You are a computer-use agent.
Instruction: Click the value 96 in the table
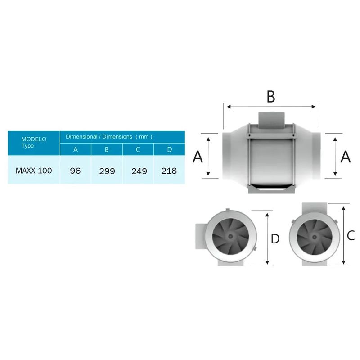(x=75, y=171)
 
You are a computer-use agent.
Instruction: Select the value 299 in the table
(x=108, y=171)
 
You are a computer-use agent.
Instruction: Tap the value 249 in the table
(x=139, y=171)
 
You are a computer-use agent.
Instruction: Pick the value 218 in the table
(x=169, y=171)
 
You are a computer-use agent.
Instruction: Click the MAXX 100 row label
(x=34, y=171)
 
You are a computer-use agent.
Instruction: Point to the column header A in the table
(x=76, y=149)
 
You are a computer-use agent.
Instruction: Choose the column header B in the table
(x=107, y=149)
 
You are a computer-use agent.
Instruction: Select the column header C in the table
(x=138, y=149)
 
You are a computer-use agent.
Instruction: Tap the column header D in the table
(x=169, y=149)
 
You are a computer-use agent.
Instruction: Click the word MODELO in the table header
(x=34, y=139)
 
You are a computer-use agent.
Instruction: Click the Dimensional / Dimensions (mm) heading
(x=109, y=136)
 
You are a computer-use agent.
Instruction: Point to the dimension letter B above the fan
(x=270, y=96)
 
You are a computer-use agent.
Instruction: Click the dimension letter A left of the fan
(x=198, y=157)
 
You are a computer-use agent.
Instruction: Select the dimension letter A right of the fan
(x=346, y=157)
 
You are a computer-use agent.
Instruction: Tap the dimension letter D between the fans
(x=275, y=239)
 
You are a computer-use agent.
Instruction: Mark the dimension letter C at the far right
(x=351, y=235)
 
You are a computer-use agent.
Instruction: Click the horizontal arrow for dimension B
(x=271, y=107)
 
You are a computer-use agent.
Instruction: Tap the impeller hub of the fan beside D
(x=230, y=236)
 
